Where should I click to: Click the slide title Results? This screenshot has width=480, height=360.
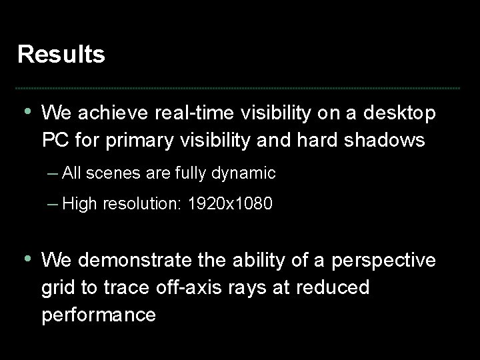tap(61, 55)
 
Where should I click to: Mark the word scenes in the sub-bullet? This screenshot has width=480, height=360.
tap(109, 173)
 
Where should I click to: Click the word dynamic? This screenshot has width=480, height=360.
tap(245, 173)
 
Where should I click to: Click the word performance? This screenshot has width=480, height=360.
tap(99, 314)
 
